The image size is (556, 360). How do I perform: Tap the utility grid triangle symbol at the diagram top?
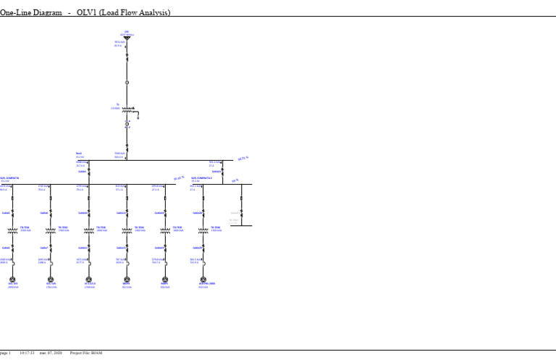[127, 37]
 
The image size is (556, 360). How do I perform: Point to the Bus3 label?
[79, 154]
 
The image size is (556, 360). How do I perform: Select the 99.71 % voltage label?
[243, 158]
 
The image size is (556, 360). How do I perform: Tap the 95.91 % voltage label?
[179, 178]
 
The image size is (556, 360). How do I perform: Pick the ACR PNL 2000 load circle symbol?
[203, 279]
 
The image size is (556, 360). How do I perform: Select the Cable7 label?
[44, 248]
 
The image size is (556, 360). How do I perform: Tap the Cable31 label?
[216, 172]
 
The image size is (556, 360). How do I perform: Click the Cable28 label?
[197, 213]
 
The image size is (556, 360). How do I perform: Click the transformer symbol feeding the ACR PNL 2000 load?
[203, 230]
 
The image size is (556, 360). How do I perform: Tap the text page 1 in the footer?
[6, 353]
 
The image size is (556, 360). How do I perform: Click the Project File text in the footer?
[82, 353]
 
